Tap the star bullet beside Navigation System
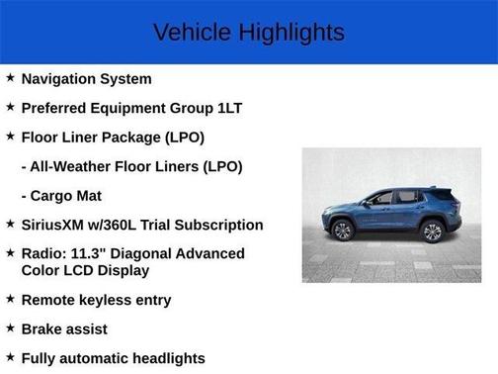pos(10,78)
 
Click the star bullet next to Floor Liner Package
pos(10,137)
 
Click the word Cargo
pos(54,196)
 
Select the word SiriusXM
pos(56,226)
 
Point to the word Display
pos(119,270)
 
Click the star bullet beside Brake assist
pos(10,328)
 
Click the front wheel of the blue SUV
pos(343,231)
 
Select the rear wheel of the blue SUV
pos(432,232)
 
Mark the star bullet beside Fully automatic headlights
pos(10,358)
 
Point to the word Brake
pos(43,328)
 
